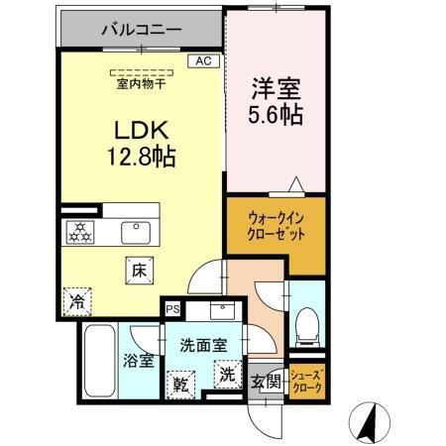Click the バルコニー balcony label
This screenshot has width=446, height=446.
tap(141, 30)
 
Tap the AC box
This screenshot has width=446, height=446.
tap(202, 60)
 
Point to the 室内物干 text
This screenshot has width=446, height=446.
tap(142, 84)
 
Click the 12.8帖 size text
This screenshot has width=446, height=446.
tap(144, 156)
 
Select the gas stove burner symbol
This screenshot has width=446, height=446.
tap(79, 232)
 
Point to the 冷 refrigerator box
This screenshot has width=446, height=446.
tap(76, 300)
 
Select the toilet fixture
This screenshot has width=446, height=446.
tap(307, 322)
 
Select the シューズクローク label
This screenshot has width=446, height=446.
tap(305, 382)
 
